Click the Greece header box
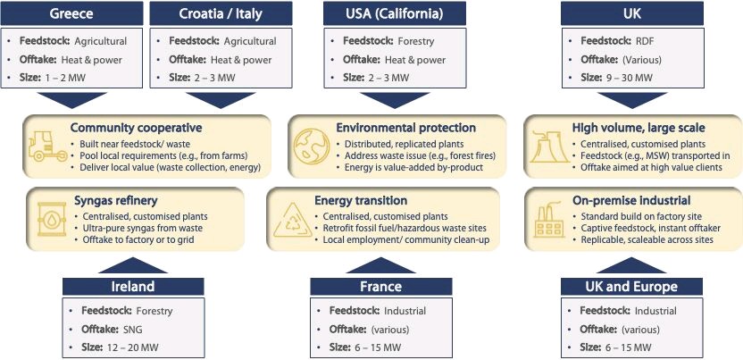tap(71, 13)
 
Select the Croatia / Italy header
tap(221, 13)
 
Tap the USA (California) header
tap(395, 13)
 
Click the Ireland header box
tap(133, 287)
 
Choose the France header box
tap(381, 287)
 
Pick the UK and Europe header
tap(631, 287)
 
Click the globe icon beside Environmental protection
tap(311, 147)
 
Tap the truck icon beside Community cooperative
tap(48, 147)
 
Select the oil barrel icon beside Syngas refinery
tap(52, 218)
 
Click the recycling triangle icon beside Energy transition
tap(293, 221)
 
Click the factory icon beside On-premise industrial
tap(549, 220)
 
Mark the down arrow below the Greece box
tap(72, 100)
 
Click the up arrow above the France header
tap(381, 265)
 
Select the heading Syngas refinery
tap(115, 200)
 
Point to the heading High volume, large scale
tap(639, 128)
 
